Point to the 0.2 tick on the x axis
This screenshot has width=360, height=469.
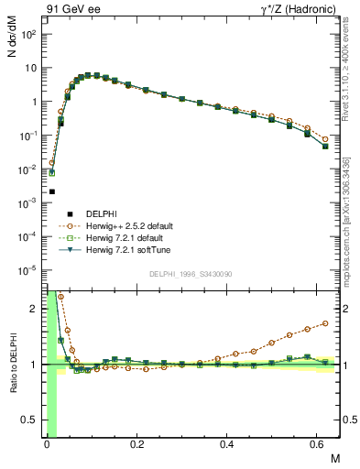[137, 446]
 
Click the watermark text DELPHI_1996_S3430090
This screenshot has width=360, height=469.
[191, 274]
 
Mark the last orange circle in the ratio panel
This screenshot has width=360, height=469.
[326, 323]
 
